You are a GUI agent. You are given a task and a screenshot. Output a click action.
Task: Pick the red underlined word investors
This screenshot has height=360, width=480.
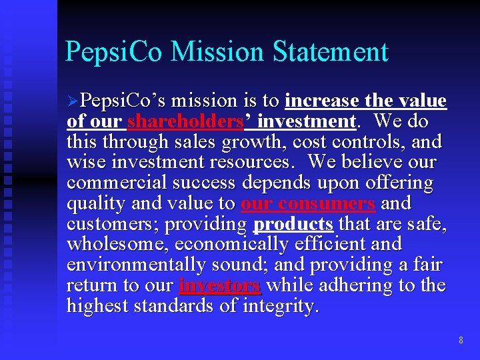click(x=219, y=285)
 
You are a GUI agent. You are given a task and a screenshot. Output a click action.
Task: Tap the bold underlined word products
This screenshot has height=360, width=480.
click(x=293, y=224)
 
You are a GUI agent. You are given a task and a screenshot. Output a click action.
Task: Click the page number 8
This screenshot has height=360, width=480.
click(x=461, y=341)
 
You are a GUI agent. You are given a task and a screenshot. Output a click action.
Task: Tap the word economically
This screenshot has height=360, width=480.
click(x=216, y=244)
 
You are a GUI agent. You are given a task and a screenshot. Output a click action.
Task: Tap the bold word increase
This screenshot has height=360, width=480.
click(x=323, y=101)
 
